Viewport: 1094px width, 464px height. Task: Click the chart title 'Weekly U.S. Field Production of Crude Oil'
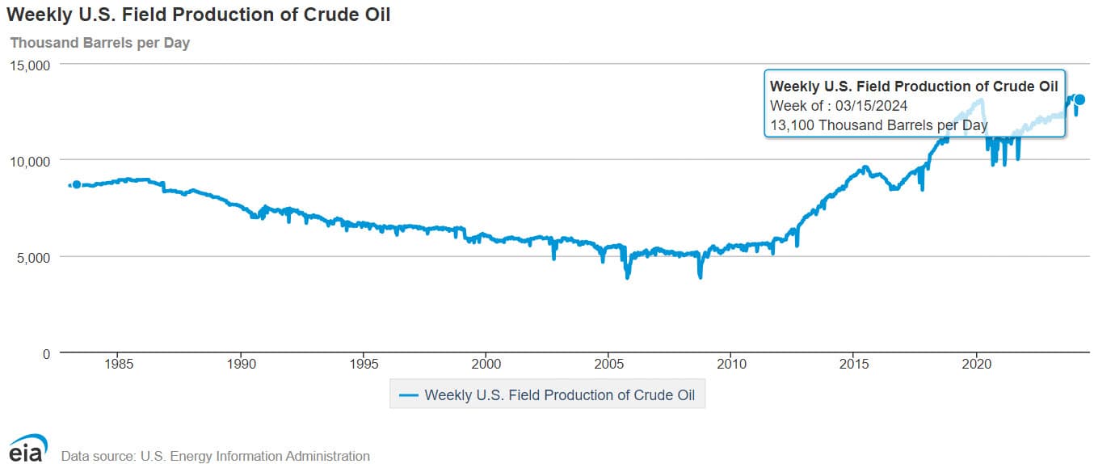click(x=198, y=15)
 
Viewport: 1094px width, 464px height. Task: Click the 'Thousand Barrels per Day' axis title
click(x=99, y=42)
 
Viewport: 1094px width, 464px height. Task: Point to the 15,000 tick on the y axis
click(x=29, y=65)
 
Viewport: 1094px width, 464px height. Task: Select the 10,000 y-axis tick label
click(x=29, y=161)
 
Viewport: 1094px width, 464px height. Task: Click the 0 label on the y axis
click(x=44, y=353)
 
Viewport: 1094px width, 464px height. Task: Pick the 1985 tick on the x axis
click(x=119, y=365)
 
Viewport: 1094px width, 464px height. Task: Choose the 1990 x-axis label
click(x=241, y=365)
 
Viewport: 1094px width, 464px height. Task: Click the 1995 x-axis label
click(x=364, y=365)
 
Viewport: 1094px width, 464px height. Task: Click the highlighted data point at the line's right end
click(x=1079, y=99)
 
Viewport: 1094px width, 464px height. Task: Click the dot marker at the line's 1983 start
click(x=77, y=184)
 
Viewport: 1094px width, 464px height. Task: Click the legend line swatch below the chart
click(x=409, y=395)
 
